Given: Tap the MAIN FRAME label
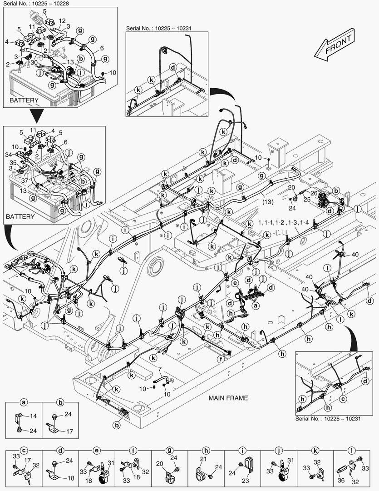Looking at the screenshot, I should coord(228,398).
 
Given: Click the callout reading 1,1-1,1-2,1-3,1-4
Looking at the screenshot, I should coord(284,223).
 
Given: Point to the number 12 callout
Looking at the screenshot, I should coord(62,21).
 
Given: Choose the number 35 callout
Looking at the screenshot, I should coord(13,162).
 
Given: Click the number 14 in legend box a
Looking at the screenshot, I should coord(33,416).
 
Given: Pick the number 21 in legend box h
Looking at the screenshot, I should coord(203,460).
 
